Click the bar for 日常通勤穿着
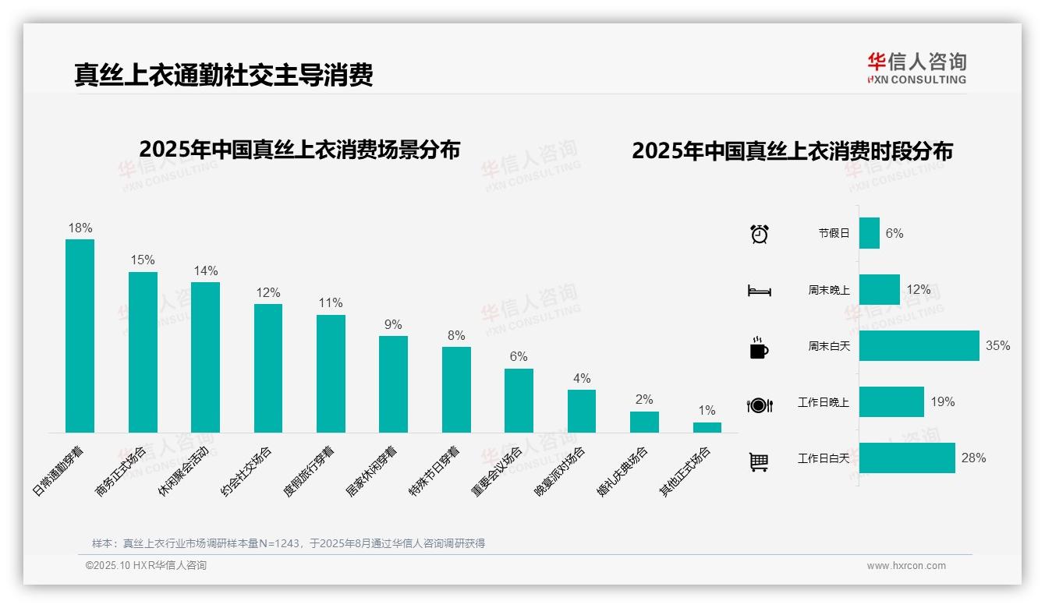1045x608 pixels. [x=80, y=336]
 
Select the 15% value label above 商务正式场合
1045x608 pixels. [x=143, y=260]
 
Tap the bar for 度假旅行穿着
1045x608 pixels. [x=331, y=373]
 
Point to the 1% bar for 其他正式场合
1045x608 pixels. [x=707, y=427]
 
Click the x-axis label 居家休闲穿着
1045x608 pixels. [x=371, y=472]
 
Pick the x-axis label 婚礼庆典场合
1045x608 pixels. [x=622, y=472]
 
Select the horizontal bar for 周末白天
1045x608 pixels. [x=919, y=346]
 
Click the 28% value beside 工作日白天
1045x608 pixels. [x=973, y=458]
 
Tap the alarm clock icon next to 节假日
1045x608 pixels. [x=759, y=234]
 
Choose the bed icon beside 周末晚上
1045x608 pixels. [x=759, y=291]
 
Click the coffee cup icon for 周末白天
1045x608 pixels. [x=759, y=348]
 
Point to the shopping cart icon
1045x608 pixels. [x=759, y=461]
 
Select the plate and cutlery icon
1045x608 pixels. [x=759, y=405]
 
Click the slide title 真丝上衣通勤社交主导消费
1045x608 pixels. [x=224, y=75]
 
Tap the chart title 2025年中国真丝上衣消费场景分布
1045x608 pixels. [x=299, y=150]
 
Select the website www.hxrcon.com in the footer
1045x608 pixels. [x=905, y=566]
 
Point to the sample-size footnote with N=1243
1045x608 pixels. [x=289, y=543]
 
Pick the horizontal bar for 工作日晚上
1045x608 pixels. [x=891, y=402]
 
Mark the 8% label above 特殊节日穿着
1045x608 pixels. [x=456, y=336]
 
